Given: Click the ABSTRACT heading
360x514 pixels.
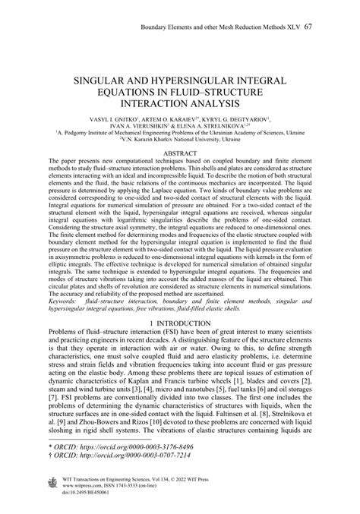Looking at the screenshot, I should click(180, 152).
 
